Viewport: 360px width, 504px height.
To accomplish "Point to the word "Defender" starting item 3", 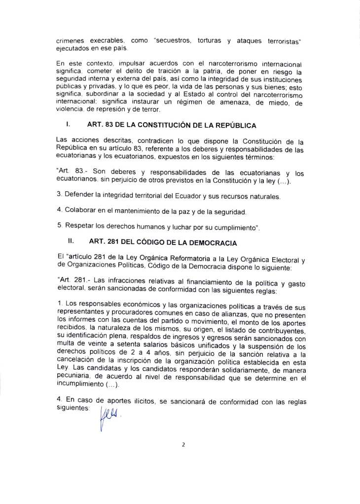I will pos(78,197).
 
